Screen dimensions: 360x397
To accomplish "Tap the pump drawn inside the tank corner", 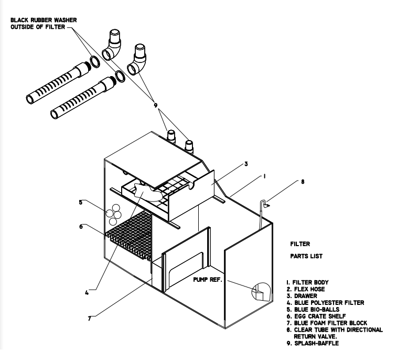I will (259, 291).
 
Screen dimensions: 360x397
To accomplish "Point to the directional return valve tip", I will (266, 206).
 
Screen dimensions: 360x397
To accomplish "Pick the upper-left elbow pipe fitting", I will (114, 45).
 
